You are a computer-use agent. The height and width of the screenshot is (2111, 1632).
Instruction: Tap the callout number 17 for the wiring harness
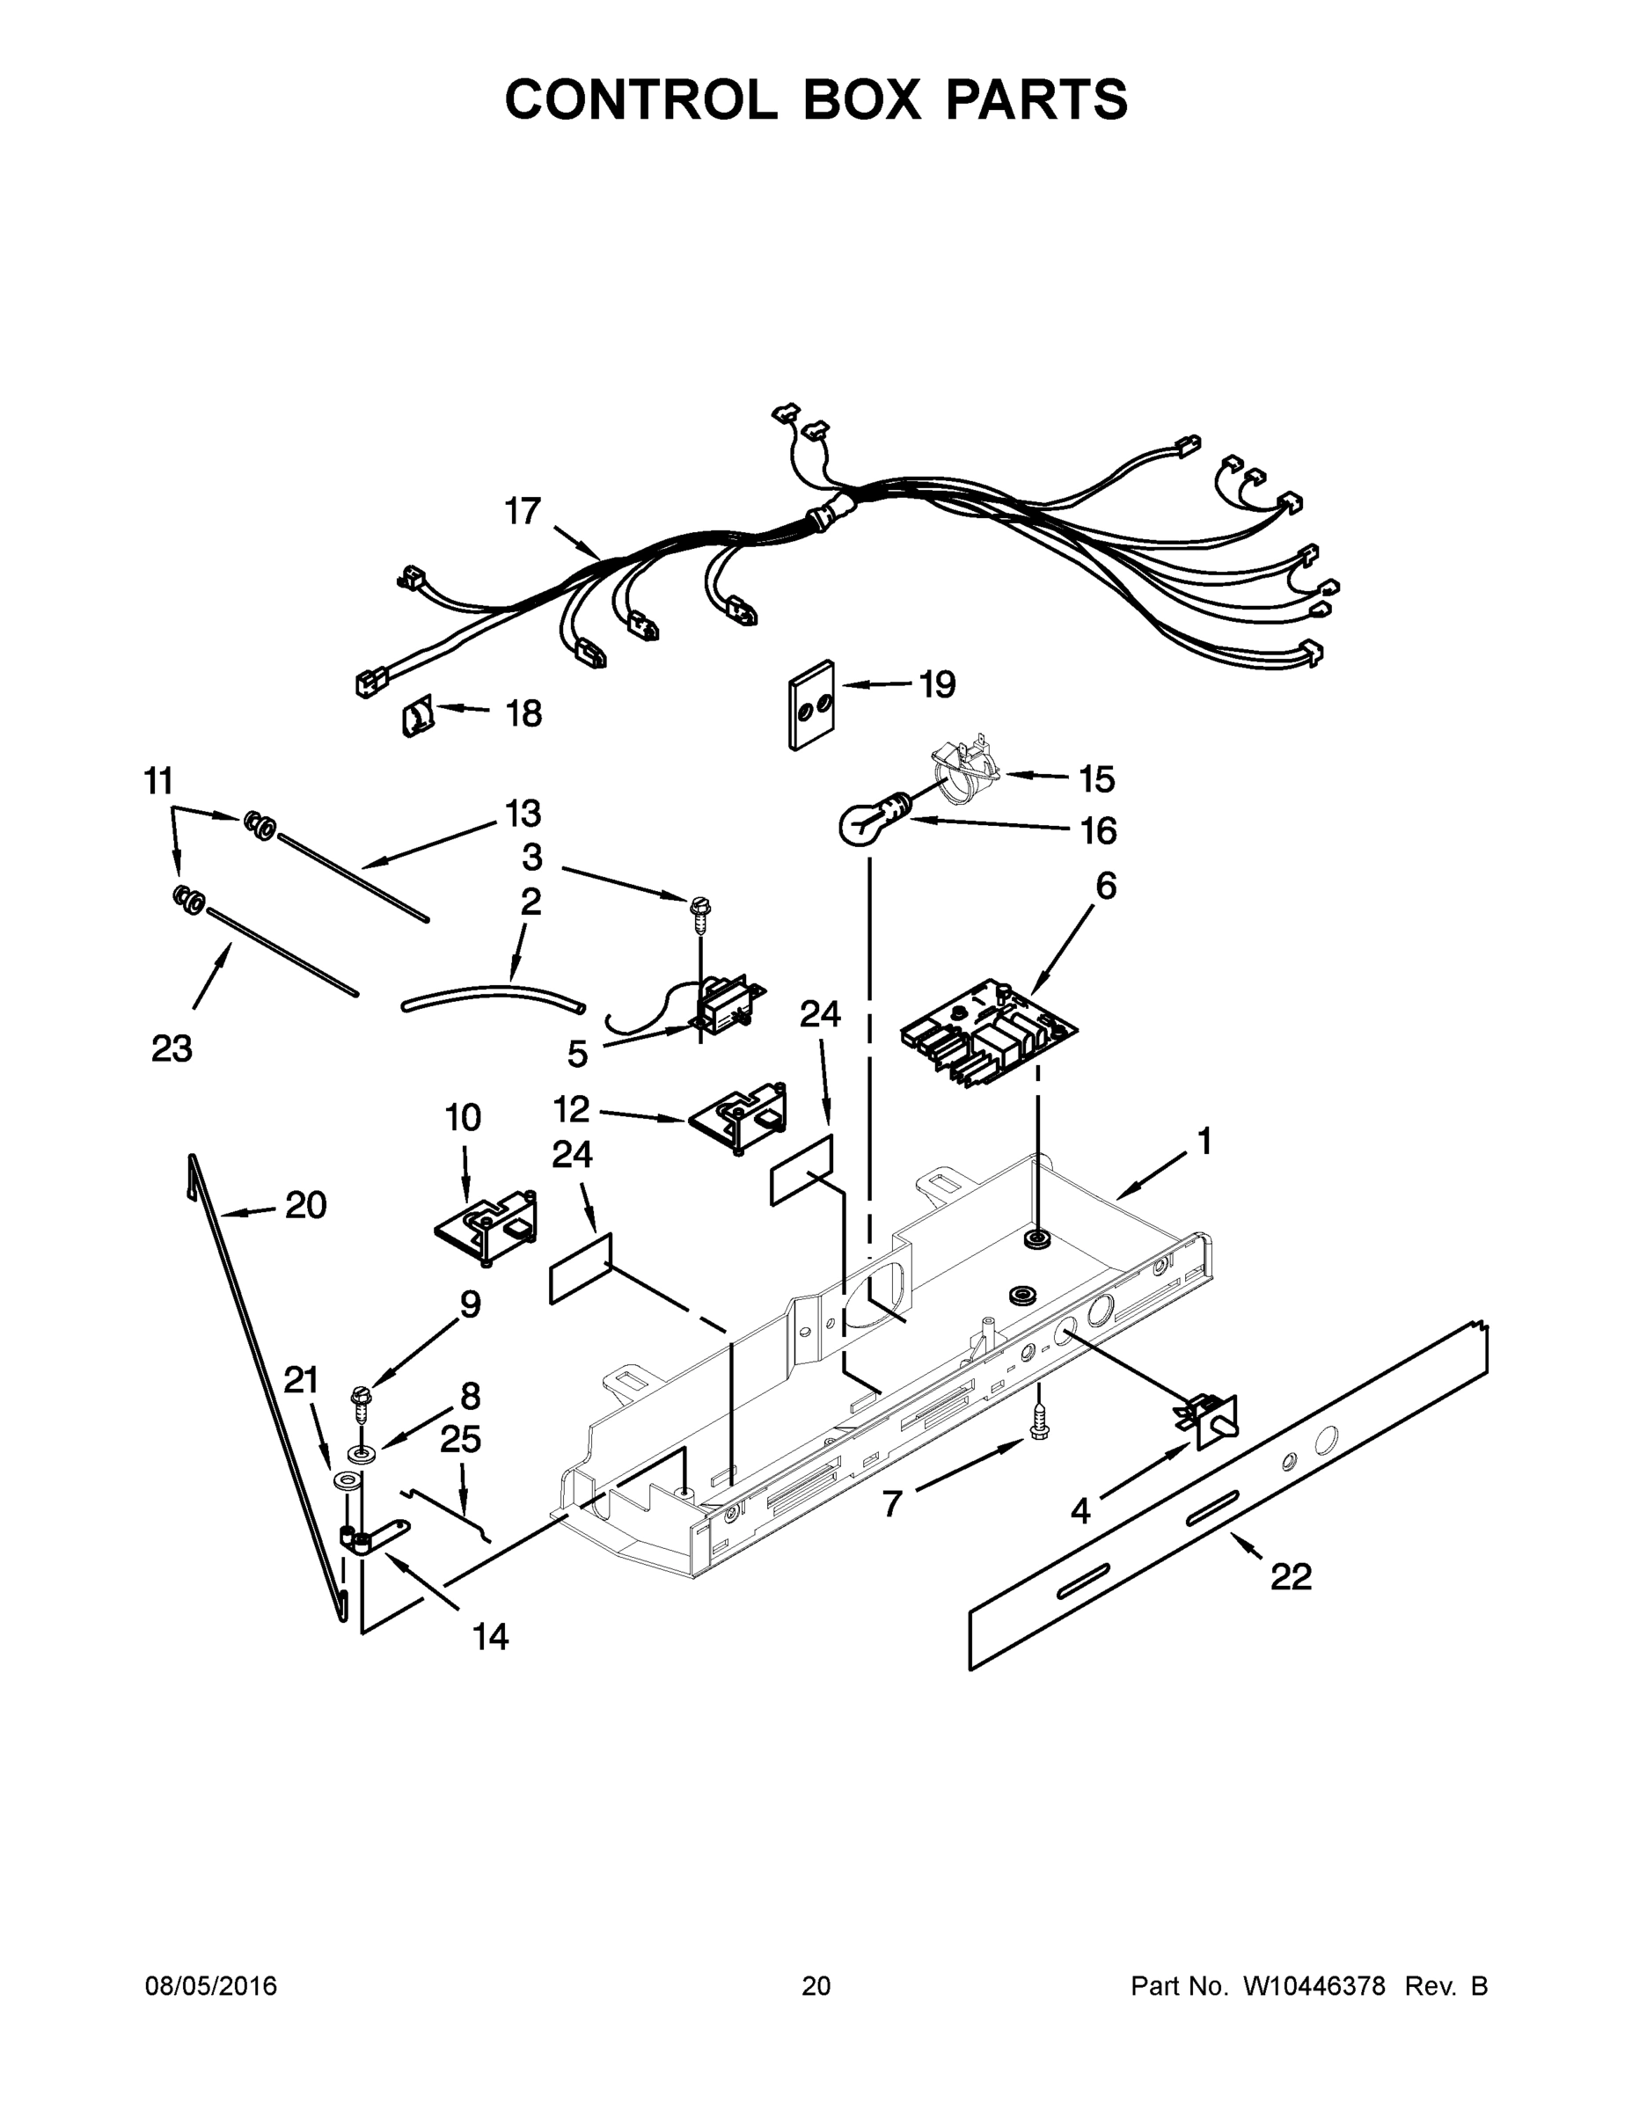pos(523,511)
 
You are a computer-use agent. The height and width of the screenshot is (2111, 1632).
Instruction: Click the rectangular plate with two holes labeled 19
pos(810,705)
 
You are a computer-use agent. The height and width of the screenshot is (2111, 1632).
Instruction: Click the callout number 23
pos(172,1048)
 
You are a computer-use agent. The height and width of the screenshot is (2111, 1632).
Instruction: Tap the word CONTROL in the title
pos(640,99)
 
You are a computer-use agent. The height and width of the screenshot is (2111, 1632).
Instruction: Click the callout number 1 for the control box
pos(1204,1143)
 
